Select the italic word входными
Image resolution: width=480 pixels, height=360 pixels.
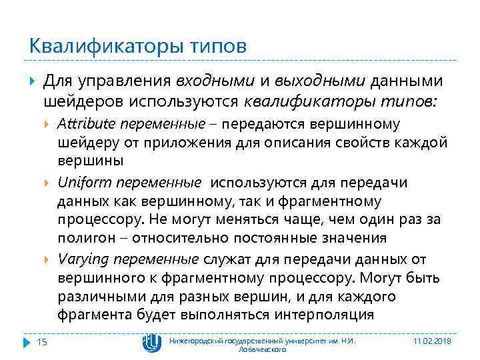coord(215,81)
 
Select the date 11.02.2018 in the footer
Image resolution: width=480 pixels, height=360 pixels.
coord(433,341)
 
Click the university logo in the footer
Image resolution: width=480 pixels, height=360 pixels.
coord(151,343)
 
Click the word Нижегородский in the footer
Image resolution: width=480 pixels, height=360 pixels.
coord(197,341)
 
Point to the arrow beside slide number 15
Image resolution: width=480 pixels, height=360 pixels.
coord(27,343)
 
